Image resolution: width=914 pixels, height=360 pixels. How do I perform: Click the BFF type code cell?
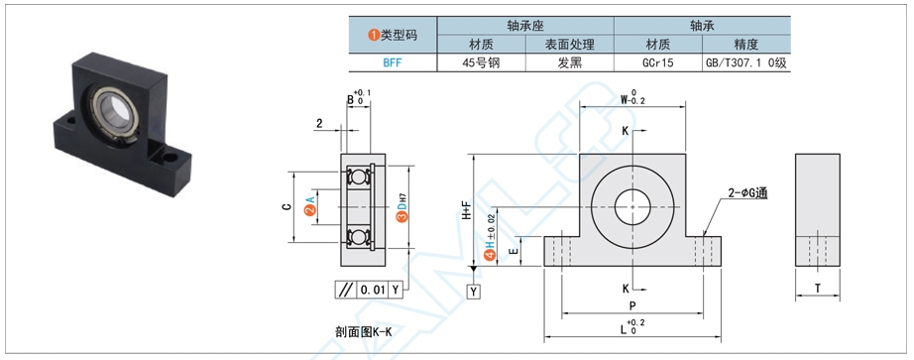(x=393, y=61)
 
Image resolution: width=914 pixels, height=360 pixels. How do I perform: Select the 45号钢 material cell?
(x=482, y=61)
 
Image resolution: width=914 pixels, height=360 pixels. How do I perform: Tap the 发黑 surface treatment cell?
(x=569, y=61)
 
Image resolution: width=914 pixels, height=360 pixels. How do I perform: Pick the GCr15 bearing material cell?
(x=657, y=61)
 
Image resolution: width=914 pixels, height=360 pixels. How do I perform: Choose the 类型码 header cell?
(x=393, y=35)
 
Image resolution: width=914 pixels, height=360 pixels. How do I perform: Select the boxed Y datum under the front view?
(x=474, y=291)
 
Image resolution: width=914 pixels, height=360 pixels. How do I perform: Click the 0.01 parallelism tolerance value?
(x=372, y=290)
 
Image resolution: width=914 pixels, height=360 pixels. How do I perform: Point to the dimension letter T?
(x=816, y=288)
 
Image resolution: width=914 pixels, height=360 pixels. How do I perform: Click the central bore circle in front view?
(x=630, y=208)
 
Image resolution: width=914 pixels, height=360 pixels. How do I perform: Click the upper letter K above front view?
(x=625, y=131)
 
